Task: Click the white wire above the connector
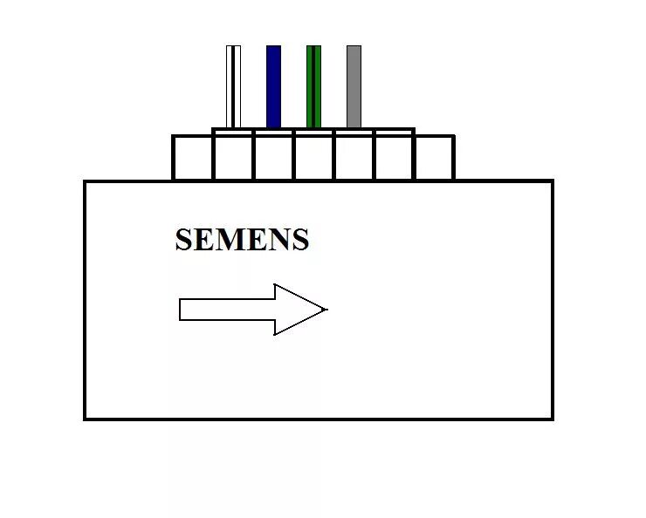pos(233,86)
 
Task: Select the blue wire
pos(274,86)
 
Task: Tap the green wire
pos(313,86)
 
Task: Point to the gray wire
pos(354,86)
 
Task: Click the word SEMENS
pos(242,240)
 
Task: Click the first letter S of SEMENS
pos(183,240)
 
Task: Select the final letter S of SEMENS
pos(300,240)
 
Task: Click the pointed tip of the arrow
pos(326,309)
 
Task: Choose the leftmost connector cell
pos(193,158)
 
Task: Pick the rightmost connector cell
pos(434,158)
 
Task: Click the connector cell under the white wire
pos(233,158)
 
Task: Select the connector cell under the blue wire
pos(273,158)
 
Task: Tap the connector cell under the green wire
pos(313,158)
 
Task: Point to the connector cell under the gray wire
pos(354,158)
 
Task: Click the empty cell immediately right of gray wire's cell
pos(394,158)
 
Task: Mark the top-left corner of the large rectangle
pos(85,181)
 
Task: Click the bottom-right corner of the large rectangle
pos(553,419)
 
